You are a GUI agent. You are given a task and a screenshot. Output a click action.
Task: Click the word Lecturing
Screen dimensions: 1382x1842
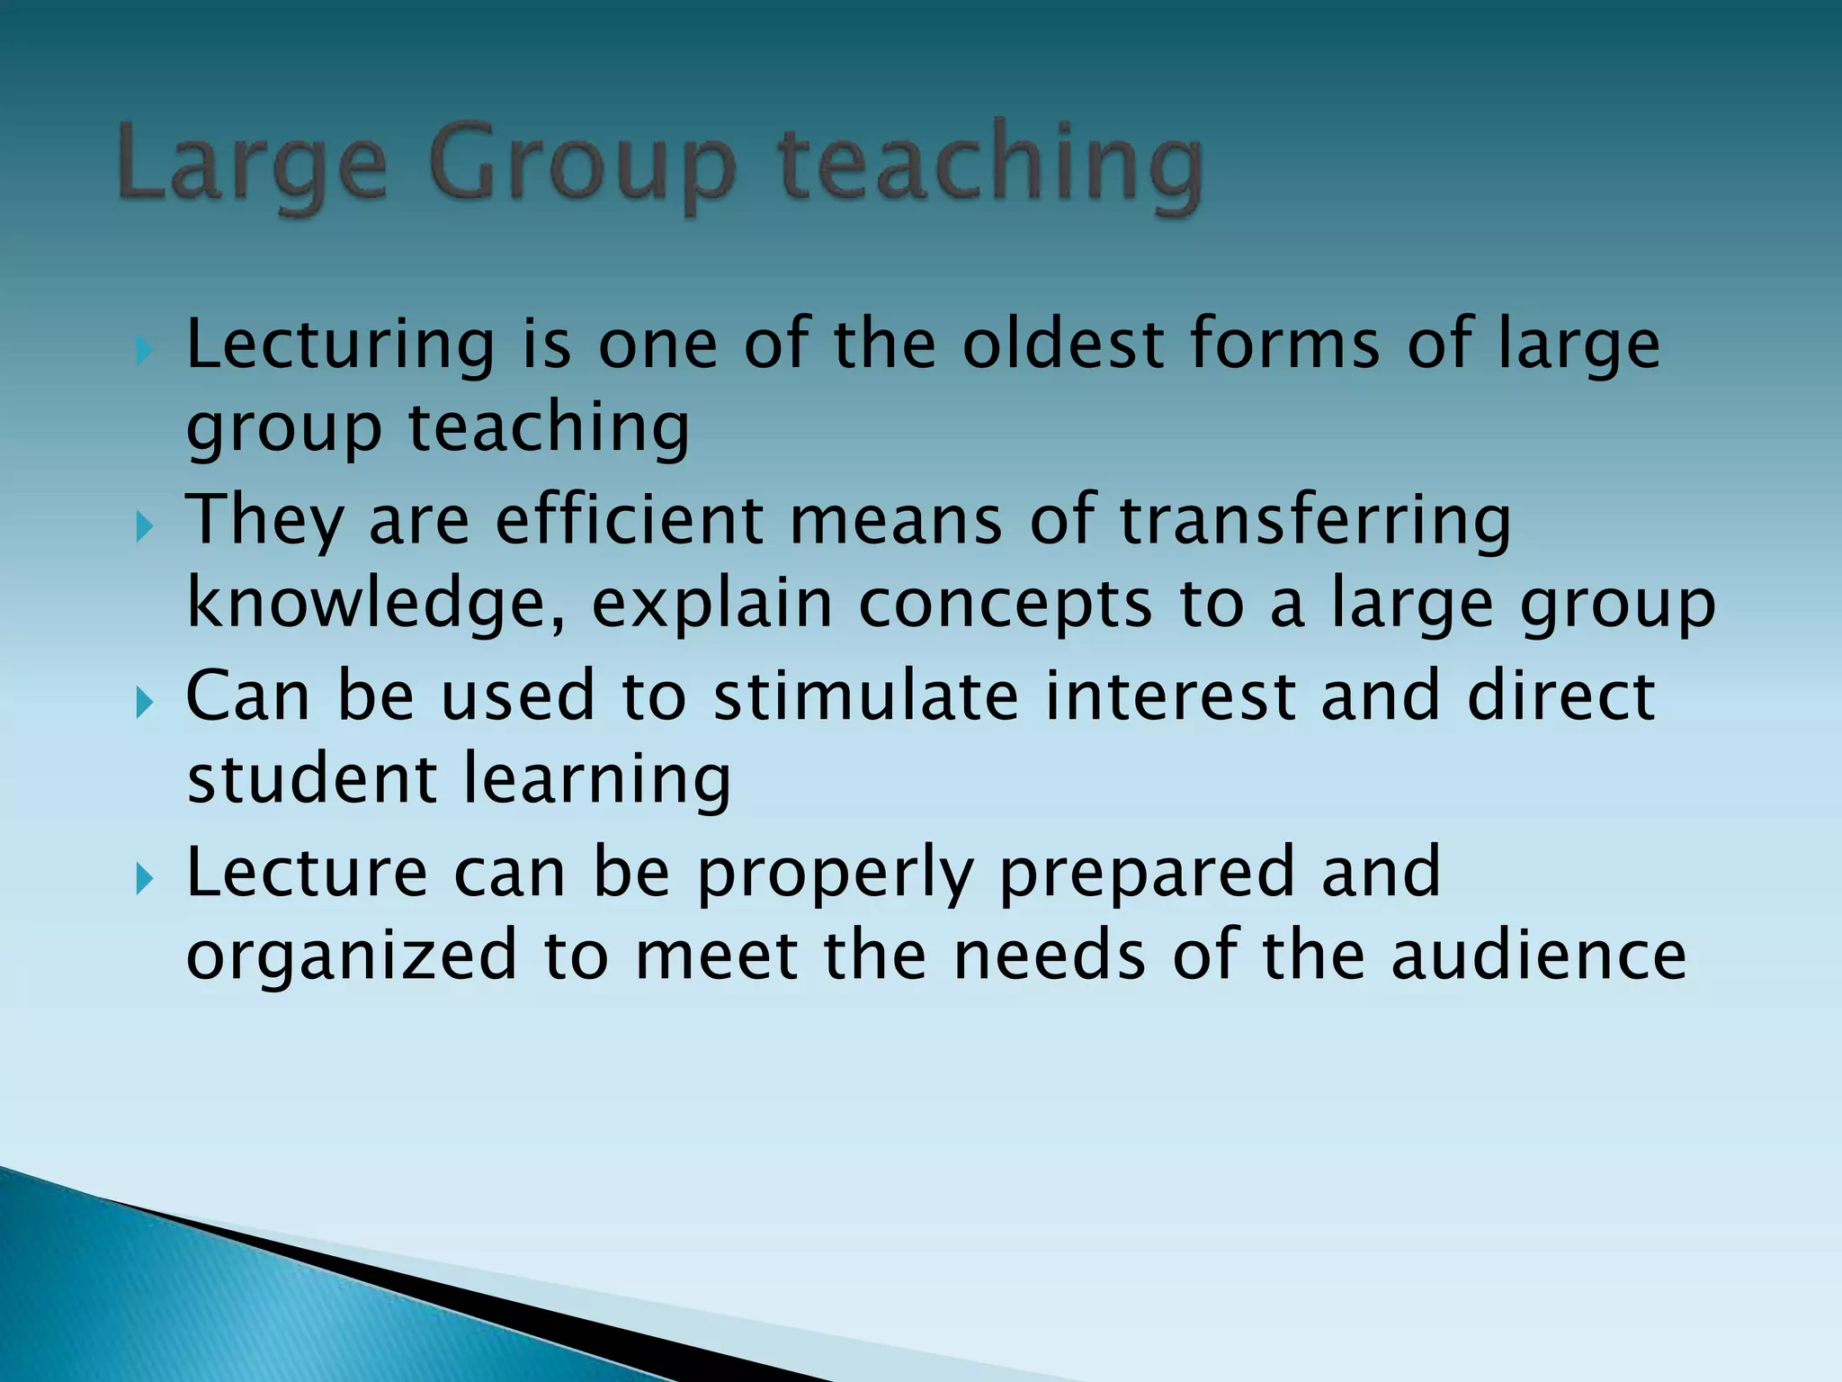point(340,346)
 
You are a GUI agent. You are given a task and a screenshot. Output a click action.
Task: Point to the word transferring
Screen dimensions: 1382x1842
point(1315,523)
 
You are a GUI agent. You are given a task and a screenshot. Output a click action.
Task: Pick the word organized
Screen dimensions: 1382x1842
point(352,957)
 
